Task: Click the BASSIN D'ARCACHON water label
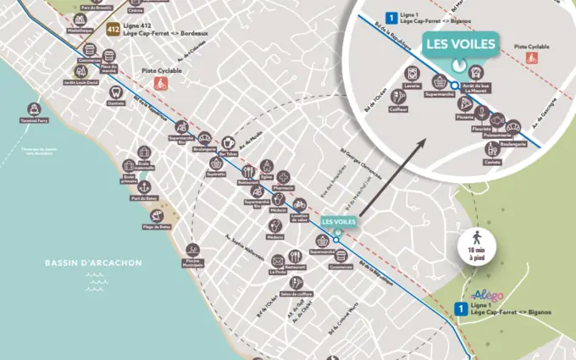(93, 263)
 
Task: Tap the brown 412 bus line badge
(112, 30)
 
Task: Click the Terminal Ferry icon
(34, 109)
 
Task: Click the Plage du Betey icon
(156, 213)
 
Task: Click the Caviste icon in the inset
(493, 149)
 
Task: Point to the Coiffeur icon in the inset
(398, 97)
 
